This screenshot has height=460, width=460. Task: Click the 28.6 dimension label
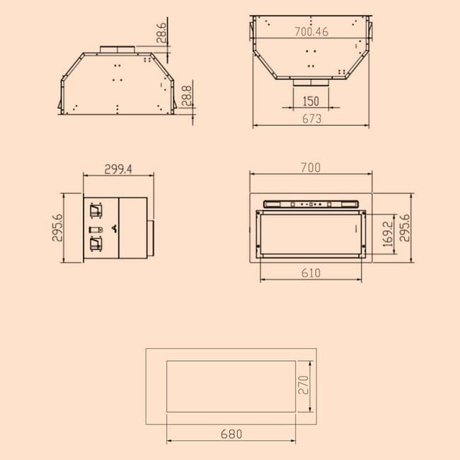click(x=161, y=33)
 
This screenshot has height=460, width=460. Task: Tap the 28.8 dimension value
click(x=187, y=96)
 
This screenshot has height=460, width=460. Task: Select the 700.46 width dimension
click(x=311, y=32)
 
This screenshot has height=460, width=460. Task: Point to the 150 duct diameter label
click(x=311, y=101)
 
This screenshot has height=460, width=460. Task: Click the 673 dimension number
click(x=311, y=119)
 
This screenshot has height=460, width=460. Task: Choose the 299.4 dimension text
click(x=118, y=169)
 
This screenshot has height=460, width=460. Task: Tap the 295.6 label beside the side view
click(x=57, y=228)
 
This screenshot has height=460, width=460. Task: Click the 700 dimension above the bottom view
click(x=311, y=168)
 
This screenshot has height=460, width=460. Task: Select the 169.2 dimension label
click(x=388, y=234)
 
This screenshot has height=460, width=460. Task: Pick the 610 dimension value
click(x=311, y=273)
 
